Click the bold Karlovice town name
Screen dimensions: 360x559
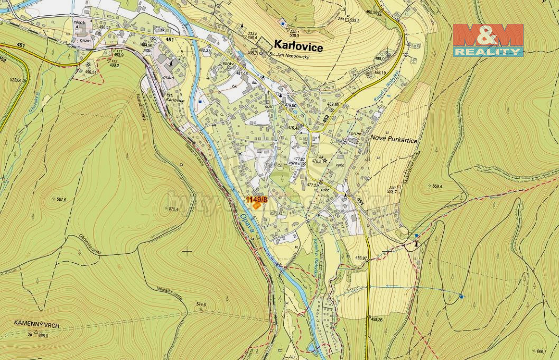(299, 47)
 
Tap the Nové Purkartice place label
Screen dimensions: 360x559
(394, 140)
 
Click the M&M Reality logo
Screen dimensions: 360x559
(487, 40)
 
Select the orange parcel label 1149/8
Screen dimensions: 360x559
(257, 199)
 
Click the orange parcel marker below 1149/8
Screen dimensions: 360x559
(256, 206)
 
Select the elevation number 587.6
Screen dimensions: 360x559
(61, 199)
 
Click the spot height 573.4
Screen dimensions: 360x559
(173, 209)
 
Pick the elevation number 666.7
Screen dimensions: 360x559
(541, 351)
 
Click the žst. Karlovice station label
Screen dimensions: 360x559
(174, 97)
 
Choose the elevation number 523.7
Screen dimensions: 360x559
(392, 191)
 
